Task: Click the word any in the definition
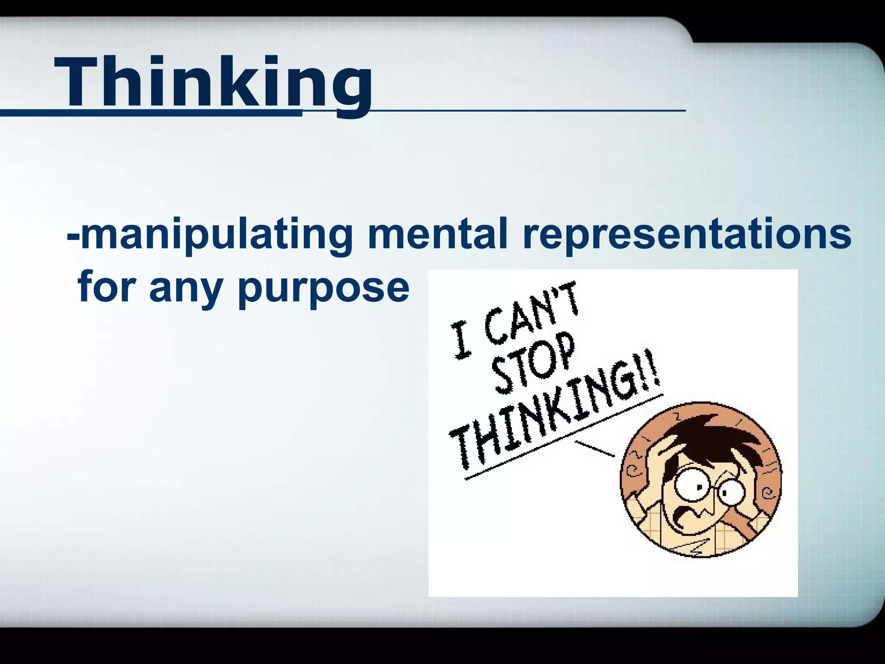pyautogui.click(x=191, y=289)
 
